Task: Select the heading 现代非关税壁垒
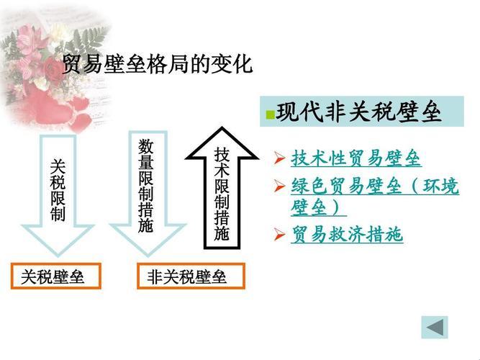pyautogui.click(x=358, y=113)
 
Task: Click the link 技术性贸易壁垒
pyautogui.click(x=356, y=158)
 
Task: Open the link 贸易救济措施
pyautogui.click(x=347, y=235)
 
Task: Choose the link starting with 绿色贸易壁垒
pyautogui.click(x=374, y=187)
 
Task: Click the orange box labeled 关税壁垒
pyautogui.click(x=55, y=276)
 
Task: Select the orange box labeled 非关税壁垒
pyautogui.click(x=191, y=276)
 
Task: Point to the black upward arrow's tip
pyautogui.click(x=222, y=131)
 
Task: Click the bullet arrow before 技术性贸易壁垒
pyautogui.click(x=280, y=158)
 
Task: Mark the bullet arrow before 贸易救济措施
pyautogui.click(x=280, y=234)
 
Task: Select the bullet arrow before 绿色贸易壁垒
pyautogui.click(x=280, y=187)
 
